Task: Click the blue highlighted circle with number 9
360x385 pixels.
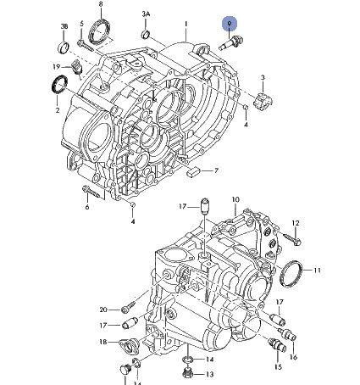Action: tap(230, 24)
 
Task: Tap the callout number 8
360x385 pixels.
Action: tap(101, 4)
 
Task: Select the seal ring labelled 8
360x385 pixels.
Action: tap(99, 31)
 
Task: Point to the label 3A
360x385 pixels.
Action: tap(146, 14)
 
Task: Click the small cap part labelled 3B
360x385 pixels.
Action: tap(64, 47)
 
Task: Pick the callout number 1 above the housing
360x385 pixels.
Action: tap(186, 24)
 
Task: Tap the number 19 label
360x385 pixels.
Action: tap(57, 67)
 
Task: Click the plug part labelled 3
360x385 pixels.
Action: tap(263, 102)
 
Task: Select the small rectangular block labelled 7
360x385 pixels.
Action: tap(193, 171)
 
